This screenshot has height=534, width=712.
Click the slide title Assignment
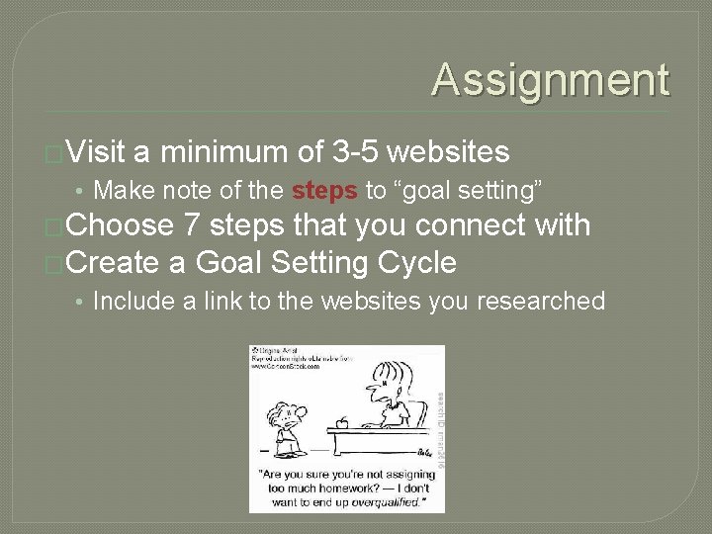pos(550,80)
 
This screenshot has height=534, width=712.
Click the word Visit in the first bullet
pos(96,152)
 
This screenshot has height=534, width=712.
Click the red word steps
pos(324,189)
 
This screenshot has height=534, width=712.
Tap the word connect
pos(470,225)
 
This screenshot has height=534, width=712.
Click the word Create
pos(116,263)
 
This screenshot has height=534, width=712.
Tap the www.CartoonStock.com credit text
pos(286,366)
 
